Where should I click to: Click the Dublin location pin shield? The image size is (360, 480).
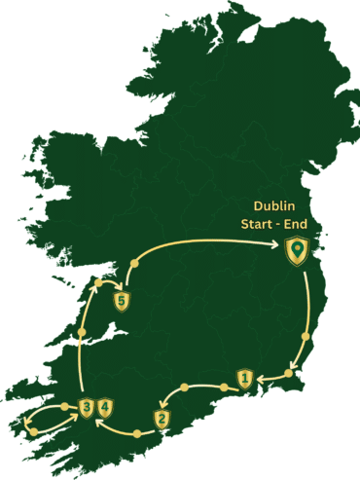[296, 252]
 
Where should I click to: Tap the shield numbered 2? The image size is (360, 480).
[162, 419]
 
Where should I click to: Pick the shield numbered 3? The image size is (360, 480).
[88, 407]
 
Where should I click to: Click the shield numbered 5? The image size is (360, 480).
[122, 302]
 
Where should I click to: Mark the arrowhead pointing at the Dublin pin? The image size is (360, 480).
[280, 247]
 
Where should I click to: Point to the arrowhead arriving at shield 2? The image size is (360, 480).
[166, 404]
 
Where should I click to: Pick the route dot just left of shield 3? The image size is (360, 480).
[65, 406]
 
